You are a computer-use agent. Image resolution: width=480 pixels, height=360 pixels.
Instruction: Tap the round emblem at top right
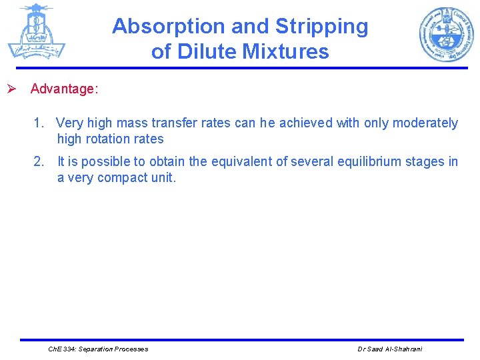446,34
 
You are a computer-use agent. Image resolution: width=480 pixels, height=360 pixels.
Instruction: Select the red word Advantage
63,89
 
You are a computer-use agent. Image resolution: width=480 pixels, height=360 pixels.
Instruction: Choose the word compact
123,177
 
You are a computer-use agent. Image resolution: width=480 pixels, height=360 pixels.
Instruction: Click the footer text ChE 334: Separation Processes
99,349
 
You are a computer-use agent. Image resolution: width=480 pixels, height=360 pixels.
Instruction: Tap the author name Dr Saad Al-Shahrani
390,349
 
